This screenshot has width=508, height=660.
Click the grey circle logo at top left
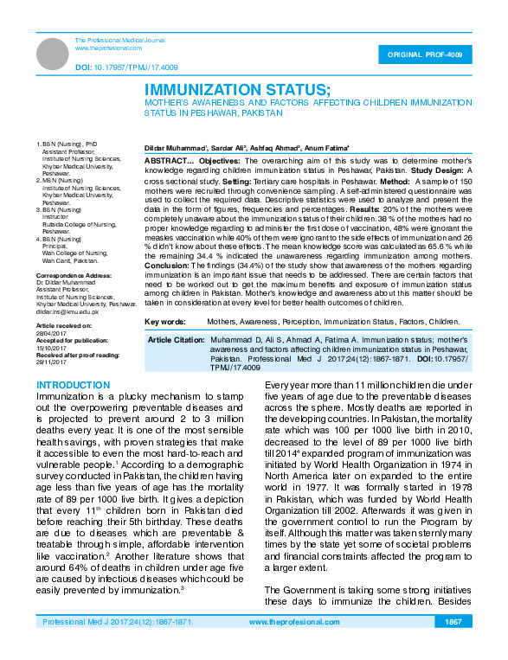tap(51, 54)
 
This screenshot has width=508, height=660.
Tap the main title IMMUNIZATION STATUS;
tap(237, 90)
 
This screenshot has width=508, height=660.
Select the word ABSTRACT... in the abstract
tap(169, 161)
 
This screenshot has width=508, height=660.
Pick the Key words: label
tap(164, 321)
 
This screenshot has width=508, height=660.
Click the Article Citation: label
tap(175, 341)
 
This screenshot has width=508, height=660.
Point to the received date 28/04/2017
tap(50, 333)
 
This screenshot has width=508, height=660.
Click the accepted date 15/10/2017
tap(50, 348)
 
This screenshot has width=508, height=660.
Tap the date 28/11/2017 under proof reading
tap(50, 362)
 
